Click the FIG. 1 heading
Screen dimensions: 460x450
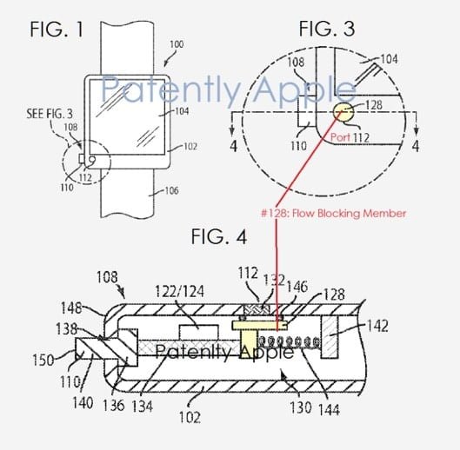[57, 30]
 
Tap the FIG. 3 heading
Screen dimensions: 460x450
[327, 29]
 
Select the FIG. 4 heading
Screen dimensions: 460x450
[219, 236]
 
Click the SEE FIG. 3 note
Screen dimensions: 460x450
[50, 114]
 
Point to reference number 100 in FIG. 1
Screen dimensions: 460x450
[177, 44]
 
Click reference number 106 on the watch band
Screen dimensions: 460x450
[171, 190]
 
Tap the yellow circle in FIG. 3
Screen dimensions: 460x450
[343, 112]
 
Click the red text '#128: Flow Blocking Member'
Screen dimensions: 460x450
[334, 213]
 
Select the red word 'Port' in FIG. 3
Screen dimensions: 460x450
[340, 137]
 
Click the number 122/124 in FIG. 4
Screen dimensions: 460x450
[179, 291]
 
